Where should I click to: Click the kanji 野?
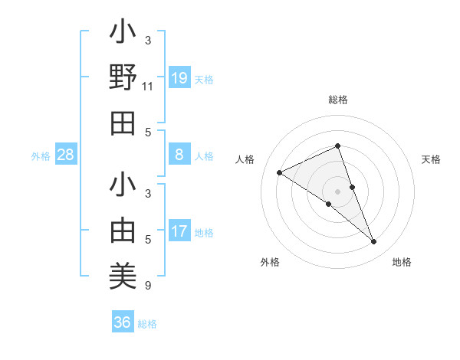coord(123,77)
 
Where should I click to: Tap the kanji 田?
coord(123,123)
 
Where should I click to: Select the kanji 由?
coord(123,231)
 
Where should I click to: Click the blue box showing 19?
coord(179,78)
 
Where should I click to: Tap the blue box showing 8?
coord(179,155)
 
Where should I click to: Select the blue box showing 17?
coord(179,231)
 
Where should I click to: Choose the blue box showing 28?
coord(66,155)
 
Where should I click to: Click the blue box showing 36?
coord(123,322)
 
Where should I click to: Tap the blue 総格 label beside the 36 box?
coord(147,324)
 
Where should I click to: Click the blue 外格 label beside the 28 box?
coord(41,156)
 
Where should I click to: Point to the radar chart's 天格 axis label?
coord(431,159)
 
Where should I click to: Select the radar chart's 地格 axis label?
coord(402,262)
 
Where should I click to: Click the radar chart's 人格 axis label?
coord(245,159)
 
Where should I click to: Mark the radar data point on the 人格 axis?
coord(279,172)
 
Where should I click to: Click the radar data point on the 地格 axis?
coord(374,242)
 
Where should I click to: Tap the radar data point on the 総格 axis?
coord(338,146)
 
